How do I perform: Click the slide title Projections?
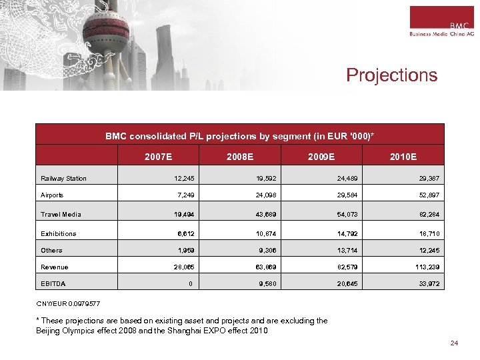tap(391, 75)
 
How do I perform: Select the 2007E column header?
tap(159, 157)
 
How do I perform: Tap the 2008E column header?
tap(239, 157)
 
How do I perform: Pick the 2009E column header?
tap(321, 157)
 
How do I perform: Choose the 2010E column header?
tap(403, 157)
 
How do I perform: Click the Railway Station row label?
tap(63, 179)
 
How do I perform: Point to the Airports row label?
tap(52, 195)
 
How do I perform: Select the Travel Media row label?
tap(61, 215)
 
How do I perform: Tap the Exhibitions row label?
tap(59, 234)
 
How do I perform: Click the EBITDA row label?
tap(53, 284)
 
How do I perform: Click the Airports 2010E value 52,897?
tap(427, 195)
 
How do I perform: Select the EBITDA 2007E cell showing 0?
tap(191, 284)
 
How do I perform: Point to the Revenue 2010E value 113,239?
tap(425, 267)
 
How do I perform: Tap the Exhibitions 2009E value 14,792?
tap(346, 234)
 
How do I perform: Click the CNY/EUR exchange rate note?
tap(68, 303)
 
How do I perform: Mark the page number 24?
tap(455, 343)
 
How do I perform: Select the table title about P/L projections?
tap(239, 136)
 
